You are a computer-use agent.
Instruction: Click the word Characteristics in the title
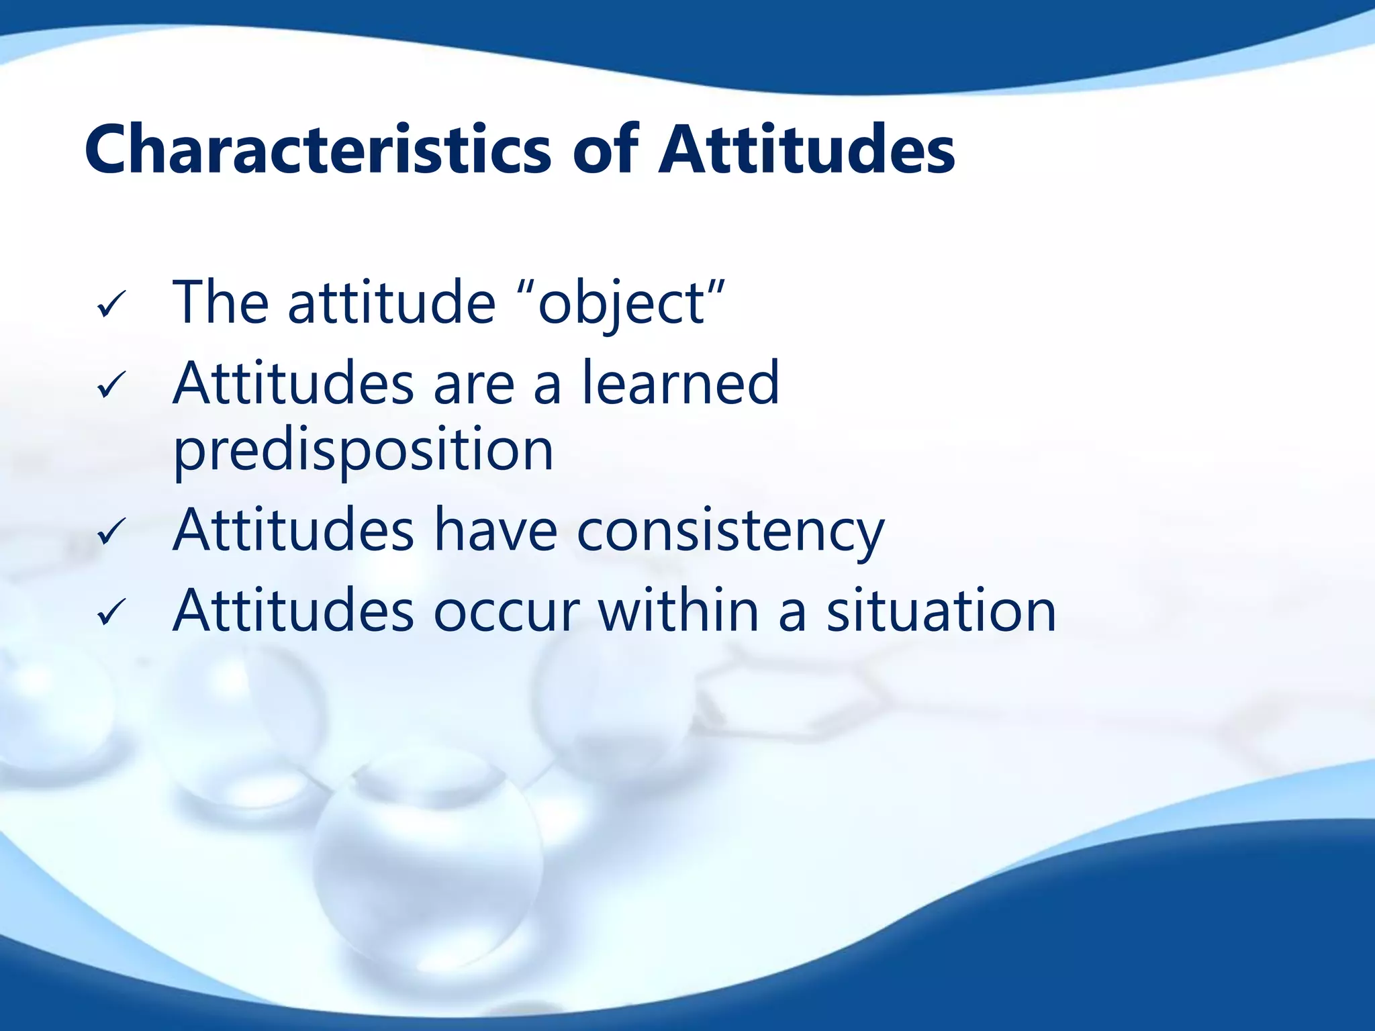(318, 150)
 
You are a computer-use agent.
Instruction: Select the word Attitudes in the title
(806, 150)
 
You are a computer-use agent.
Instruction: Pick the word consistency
(730, 532)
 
